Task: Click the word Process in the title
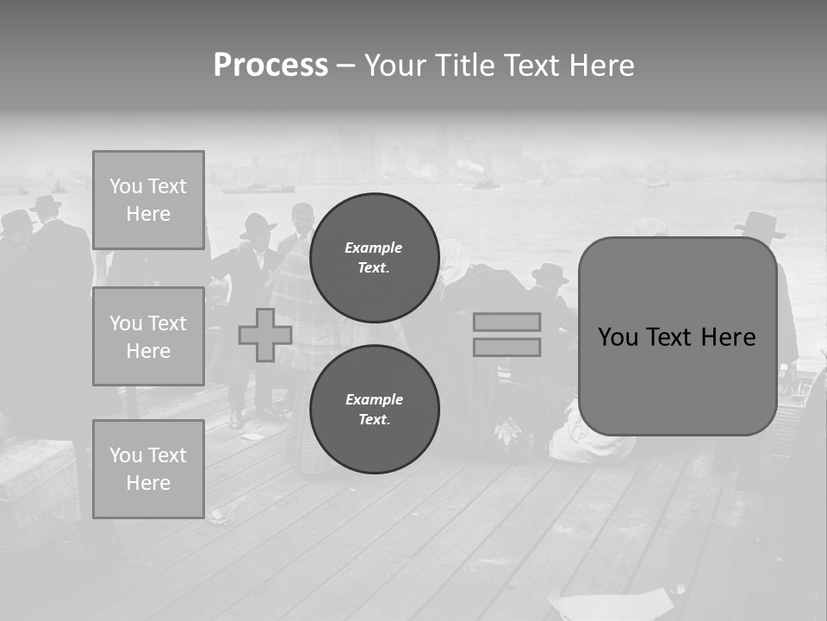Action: click(270, 66)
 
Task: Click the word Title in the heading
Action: click(463, 66)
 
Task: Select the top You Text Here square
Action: click(148, 200)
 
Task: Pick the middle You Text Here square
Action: click(148, 336)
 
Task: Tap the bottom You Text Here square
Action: click(148, 469)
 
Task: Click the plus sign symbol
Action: click(265, 335)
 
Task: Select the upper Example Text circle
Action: click(374, 258)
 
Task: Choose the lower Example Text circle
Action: click(374, 410)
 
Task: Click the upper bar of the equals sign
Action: click(507, 322)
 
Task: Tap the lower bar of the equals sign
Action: click(507, 347)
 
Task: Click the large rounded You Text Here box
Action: click(677, 336)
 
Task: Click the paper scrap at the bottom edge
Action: click(612, 604)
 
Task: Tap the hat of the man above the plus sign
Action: click(258, 227)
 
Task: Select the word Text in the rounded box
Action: click(675, 337)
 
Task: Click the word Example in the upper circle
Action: click(373, 248)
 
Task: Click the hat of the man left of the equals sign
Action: click(550, 273)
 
